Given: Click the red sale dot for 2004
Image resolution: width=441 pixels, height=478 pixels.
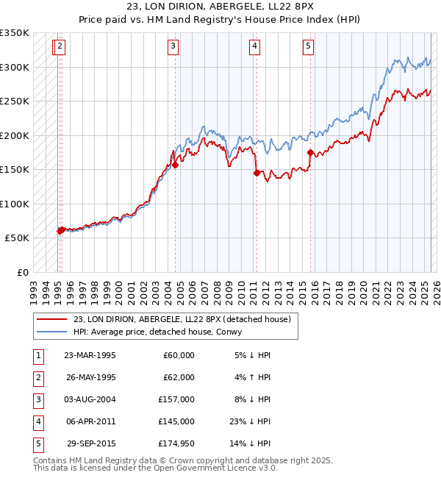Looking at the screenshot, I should pyautogui.click(x=176, y=165).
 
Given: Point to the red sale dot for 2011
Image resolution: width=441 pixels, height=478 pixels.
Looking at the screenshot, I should pyautogui.click(x=257, y=174).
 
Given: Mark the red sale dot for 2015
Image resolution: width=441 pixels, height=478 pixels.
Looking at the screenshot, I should pyautogui.click(x=310, y=153).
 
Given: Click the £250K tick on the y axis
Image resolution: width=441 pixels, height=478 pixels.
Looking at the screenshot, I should pyautogui.click(x=15, y=101).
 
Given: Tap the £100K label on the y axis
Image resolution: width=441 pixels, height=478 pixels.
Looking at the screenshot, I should pyautogui.click(x=15, y=204).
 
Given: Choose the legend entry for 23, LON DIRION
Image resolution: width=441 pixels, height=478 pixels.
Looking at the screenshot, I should pyautogui.click(x=182, y=319).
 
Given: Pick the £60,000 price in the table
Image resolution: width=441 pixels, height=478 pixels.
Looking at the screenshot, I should pyautogui.click(x=179, y=355).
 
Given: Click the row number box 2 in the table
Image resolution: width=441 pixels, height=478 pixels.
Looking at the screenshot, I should pyautogui.click(x=37, y=377).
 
